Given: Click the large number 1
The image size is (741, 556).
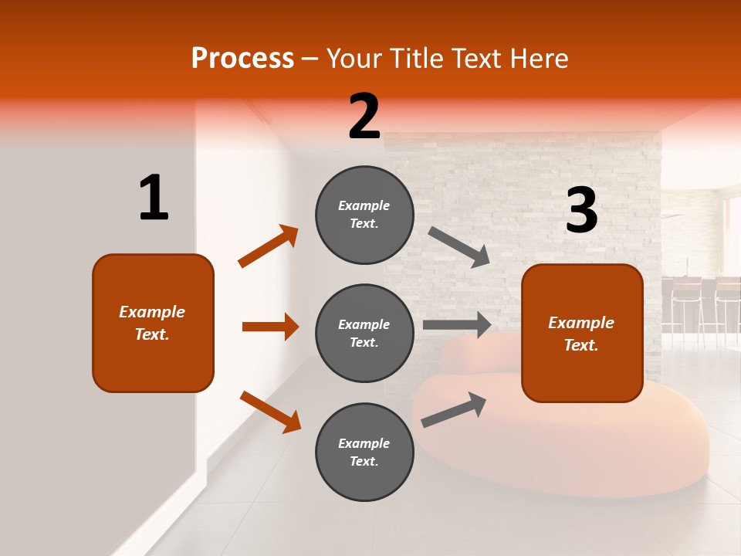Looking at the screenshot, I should click(x=154, y=198).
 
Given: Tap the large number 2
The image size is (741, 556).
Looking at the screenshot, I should click(x=364, y=117).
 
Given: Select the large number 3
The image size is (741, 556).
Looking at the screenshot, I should click(x=582, y=211).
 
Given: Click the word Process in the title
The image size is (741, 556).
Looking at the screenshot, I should click(x=242, y=58).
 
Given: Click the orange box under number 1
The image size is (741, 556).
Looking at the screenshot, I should click(x=153, y=323).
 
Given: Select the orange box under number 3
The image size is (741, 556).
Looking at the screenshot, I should click(x=582, y=334).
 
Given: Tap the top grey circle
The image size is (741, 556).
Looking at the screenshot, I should click(x=364, y=215).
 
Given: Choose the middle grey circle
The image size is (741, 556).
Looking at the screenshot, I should click(x=364, y=333).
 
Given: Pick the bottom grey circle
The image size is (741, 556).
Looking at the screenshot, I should click(x=364, y=452).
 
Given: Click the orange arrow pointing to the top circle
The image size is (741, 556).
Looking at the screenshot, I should click(x=269, y=246).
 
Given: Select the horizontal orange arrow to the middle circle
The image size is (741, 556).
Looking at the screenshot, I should click(x=270, y=327).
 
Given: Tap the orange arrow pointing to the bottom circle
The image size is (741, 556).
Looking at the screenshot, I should click(x=270, y=411).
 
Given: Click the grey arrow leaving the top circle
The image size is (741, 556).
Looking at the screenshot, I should click(x=459, y=247).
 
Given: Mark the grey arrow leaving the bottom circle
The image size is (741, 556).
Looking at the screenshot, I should click(x=454, y=409).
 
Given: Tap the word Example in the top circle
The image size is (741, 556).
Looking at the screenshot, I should click(x=364, y=205).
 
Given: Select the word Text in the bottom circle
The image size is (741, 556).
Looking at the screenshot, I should click(x=363, y=461).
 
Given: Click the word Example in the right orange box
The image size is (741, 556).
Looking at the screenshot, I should click(x=581, y=323).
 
